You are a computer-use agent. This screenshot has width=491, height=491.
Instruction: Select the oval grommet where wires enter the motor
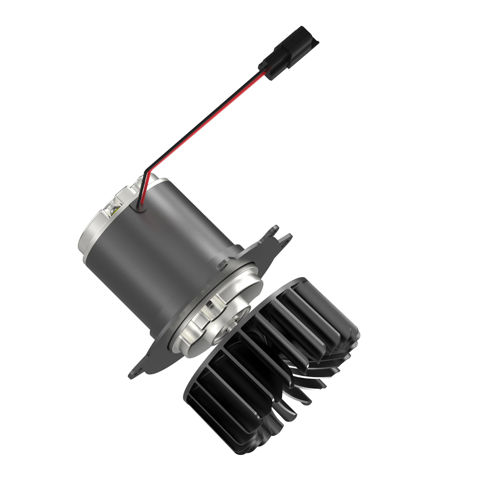pyautogui.click(x=138, y=208)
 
